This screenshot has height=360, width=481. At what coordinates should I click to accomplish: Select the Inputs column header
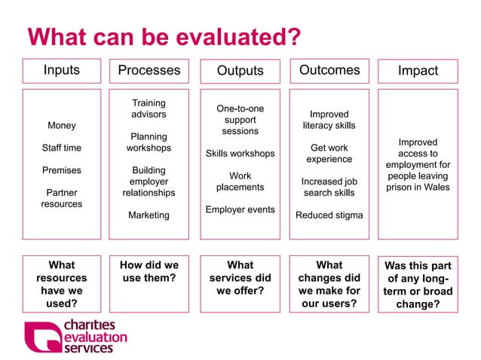coord(61,70)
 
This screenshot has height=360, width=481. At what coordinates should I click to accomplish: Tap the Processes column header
coord(149,70)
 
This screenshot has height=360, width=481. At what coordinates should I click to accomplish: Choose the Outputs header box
coord(240,71)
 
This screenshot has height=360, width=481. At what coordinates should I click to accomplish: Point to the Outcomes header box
coord(329,70)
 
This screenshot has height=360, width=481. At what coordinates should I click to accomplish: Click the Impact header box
coord(418,71)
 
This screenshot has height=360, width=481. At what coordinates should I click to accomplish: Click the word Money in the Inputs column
coord(61,125)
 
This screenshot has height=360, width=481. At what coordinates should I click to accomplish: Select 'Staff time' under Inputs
coord(61,148)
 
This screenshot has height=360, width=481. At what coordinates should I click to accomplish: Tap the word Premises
coord(61,170)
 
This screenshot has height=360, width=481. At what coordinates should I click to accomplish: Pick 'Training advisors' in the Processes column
coord(149,108)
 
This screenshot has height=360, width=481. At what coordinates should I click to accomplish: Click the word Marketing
coord(149,215)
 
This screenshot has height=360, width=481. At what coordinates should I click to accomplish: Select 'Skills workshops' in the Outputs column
coord(240,154)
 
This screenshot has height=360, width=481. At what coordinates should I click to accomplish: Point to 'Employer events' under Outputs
coord(240,209)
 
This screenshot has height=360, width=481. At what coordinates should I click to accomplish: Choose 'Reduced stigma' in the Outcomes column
coord(329,215)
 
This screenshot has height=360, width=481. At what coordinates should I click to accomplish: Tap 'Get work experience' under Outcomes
coord(329,154)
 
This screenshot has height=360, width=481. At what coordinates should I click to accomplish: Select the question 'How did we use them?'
coord(149,272)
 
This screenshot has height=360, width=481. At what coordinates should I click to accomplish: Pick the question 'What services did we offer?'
coord(240,278)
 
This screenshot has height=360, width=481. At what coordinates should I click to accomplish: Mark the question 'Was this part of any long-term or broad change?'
coord(418,285)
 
